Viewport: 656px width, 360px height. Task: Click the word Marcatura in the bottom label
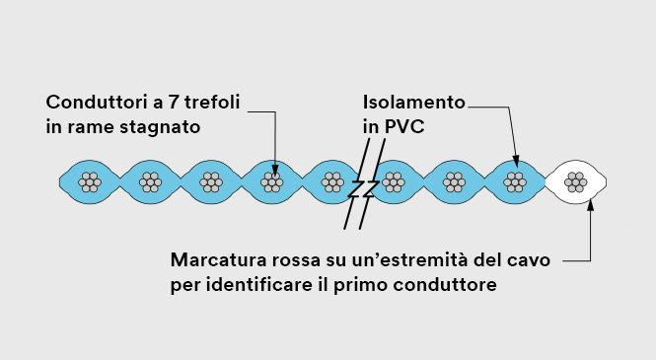(218, 261)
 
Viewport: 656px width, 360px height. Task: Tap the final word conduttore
(453, 286)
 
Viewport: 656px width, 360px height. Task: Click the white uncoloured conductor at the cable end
(575, 181)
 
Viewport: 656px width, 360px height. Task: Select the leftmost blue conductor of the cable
(90, 181)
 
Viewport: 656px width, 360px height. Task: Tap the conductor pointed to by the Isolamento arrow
(514, 181)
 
